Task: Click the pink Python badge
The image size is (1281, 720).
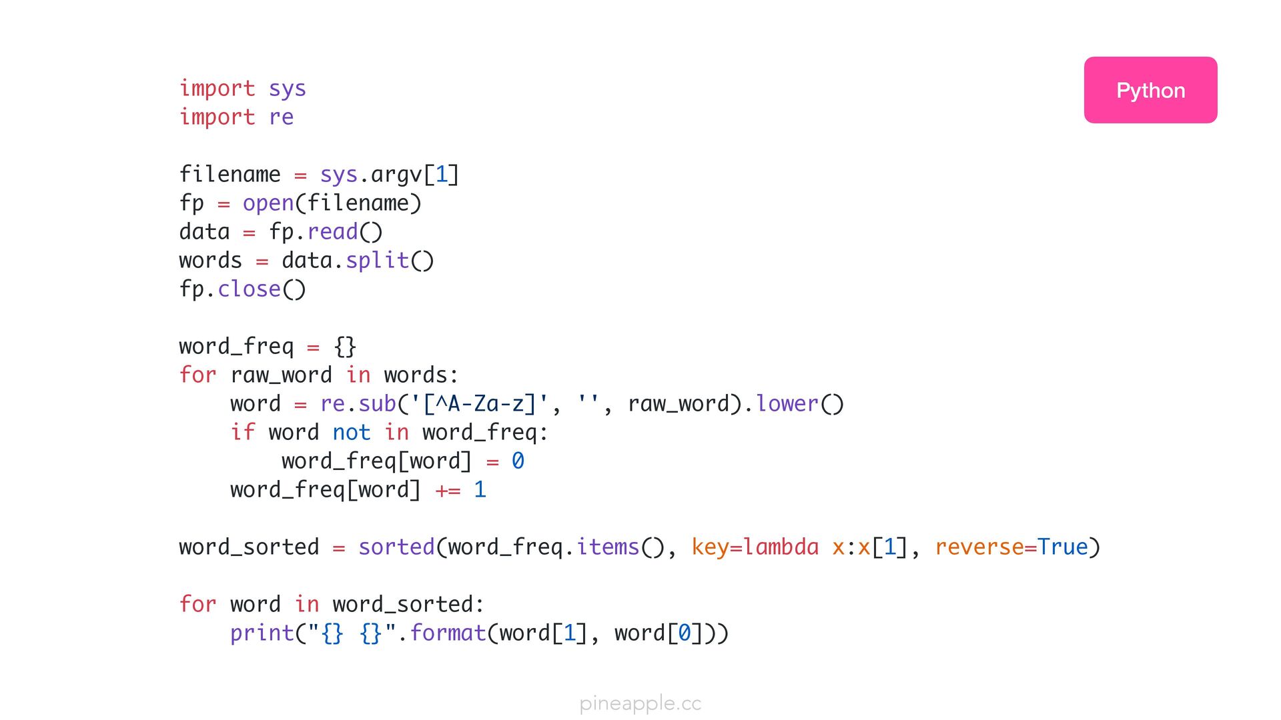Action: tap(1150, 90)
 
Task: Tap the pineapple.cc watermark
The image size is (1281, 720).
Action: tap(640, 703)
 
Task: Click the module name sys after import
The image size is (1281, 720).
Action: tap(288, 89)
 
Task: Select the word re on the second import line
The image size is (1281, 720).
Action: tap(281, 117)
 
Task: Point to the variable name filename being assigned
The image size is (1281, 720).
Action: tap(230, 175)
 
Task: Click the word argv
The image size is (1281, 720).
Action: tap(396, 175)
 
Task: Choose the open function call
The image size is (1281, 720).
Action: tap(268, 203)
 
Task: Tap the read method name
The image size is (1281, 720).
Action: tap(332, 232)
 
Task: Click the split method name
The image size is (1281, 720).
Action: tap(377, 261)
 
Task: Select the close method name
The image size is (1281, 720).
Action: tap(249, 289)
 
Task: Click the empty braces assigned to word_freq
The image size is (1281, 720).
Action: tap(345, 347)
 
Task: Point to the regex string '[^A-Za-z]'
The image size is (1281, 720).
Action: tap(479, 404)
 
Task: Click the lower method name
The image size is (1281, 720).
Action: tap(787, 404)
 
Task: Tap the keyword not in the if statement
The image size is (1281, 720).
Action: tap(352, 433)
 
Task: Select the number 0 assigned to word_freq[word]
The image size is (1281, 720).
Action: tap(518, 461)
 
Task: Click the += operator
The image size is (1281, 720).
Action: tap(448, 490)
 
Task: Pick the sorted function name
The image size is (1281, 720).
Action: tap(396, 547)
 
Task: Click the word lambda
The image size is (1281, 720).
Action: tap(781, 547)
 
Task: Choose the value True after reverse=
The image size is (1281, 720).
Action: tap(1062, 547)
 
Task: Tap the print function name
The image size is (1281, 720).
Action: tap(262, 633)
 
